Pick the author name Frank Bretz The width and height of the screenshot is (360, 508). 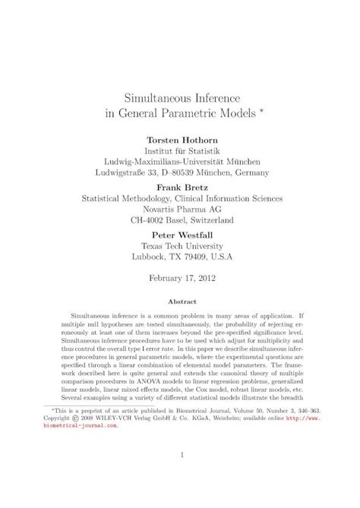[180, 187]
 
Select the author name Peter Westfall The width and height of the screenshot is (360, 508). [180, 234]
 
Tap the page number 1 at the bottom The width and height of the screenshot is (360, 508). [180, 476]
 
